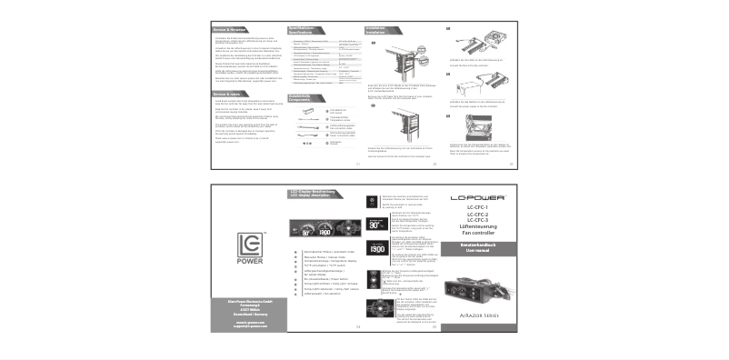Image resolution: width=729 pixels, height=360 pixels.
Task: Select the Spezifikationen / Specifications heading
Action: [x=303, y=31]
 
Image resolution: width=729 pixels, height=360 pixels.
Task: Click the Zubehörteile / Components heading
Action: [x=303, y=95]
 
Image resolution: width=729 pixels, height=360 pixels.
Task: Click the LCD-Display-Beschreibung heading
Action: [x=314, y=192]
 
